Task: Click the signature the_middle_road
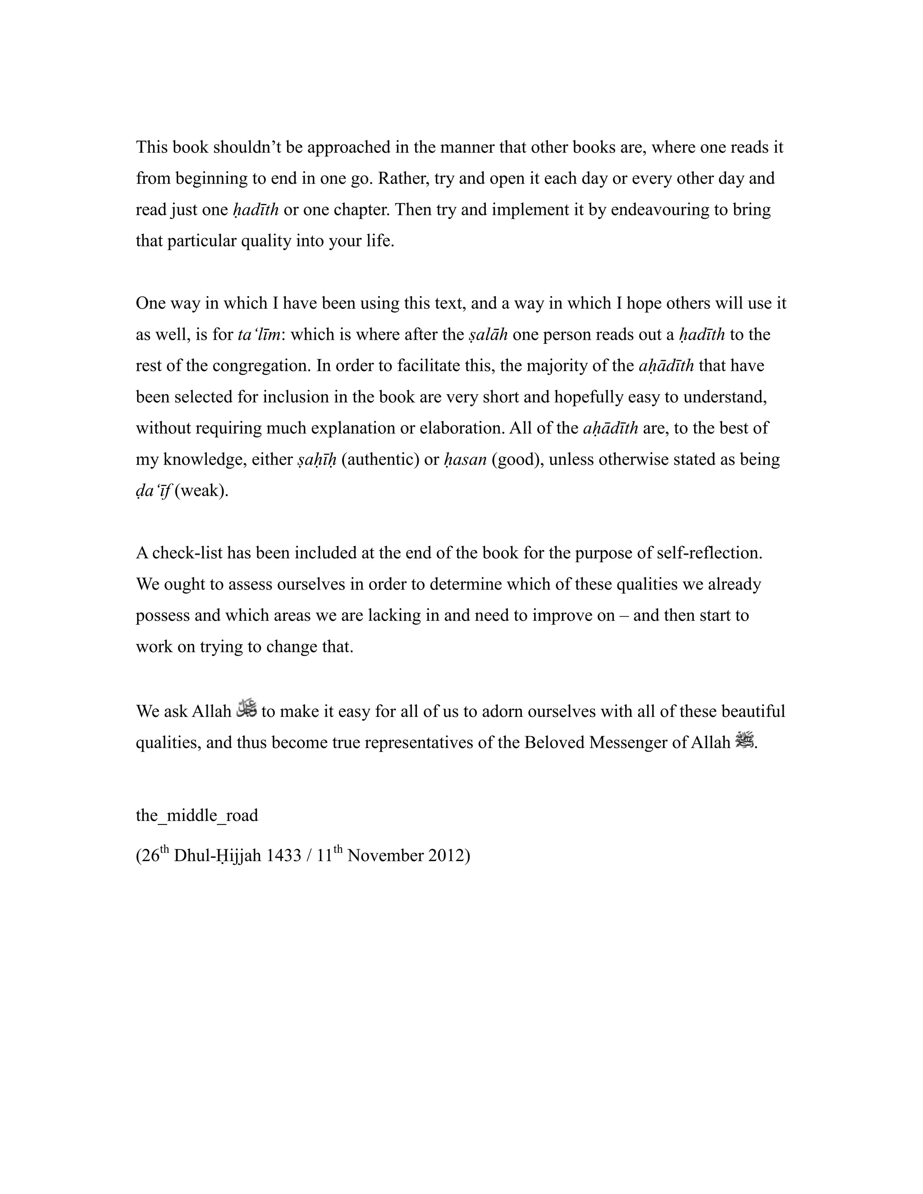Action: click(x=197, y=815)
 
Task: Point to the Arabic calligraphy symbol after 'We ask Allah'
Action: click(x=247, y=709)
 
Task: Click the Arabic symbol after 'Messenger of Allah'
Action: click(x=745, y=740)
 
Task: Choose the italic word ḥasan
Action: click(x=465, y=460)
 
